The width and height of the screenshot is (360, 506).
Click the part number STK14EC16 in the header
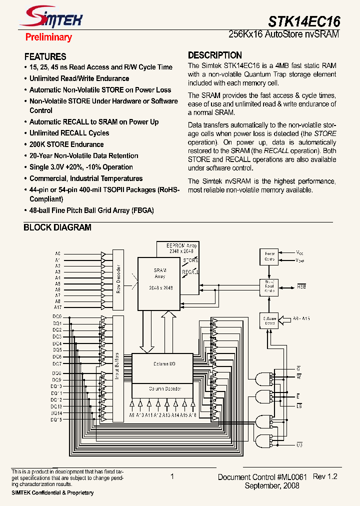pos(304,21)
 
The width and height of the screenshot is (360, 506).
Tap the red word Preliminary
pos(48,37)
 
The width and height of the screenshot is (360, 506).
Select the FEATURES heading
pos(45,56)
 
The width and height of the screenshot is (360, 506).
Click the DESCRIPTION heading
pos(215,55)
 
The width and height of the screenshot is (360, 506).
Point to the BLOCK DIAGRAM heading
pos(57,227)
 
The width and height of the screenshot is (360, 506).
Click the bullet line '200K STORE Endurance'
pos(66,144)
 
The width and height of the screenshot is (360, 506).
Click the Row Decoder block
pos(118,279)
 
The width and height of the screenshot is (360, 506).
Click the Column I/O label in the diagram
pos(164,364)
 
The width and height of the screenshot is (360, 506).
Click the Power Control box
pos(269,256)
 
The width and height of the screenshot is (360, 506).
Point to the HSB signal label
pos(301,286)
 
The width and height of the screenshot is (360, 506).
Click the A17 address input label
pos(58,307)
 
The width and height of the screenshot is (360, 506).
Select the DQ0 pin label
pos(57,316)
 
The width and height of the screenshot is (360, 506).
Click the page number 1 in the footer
pos(172,477)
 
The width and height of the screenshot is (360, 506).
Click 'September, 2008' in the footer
pos(271,485)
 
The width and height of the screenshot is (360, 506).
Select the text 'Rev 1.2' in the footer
pos(325,477)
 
